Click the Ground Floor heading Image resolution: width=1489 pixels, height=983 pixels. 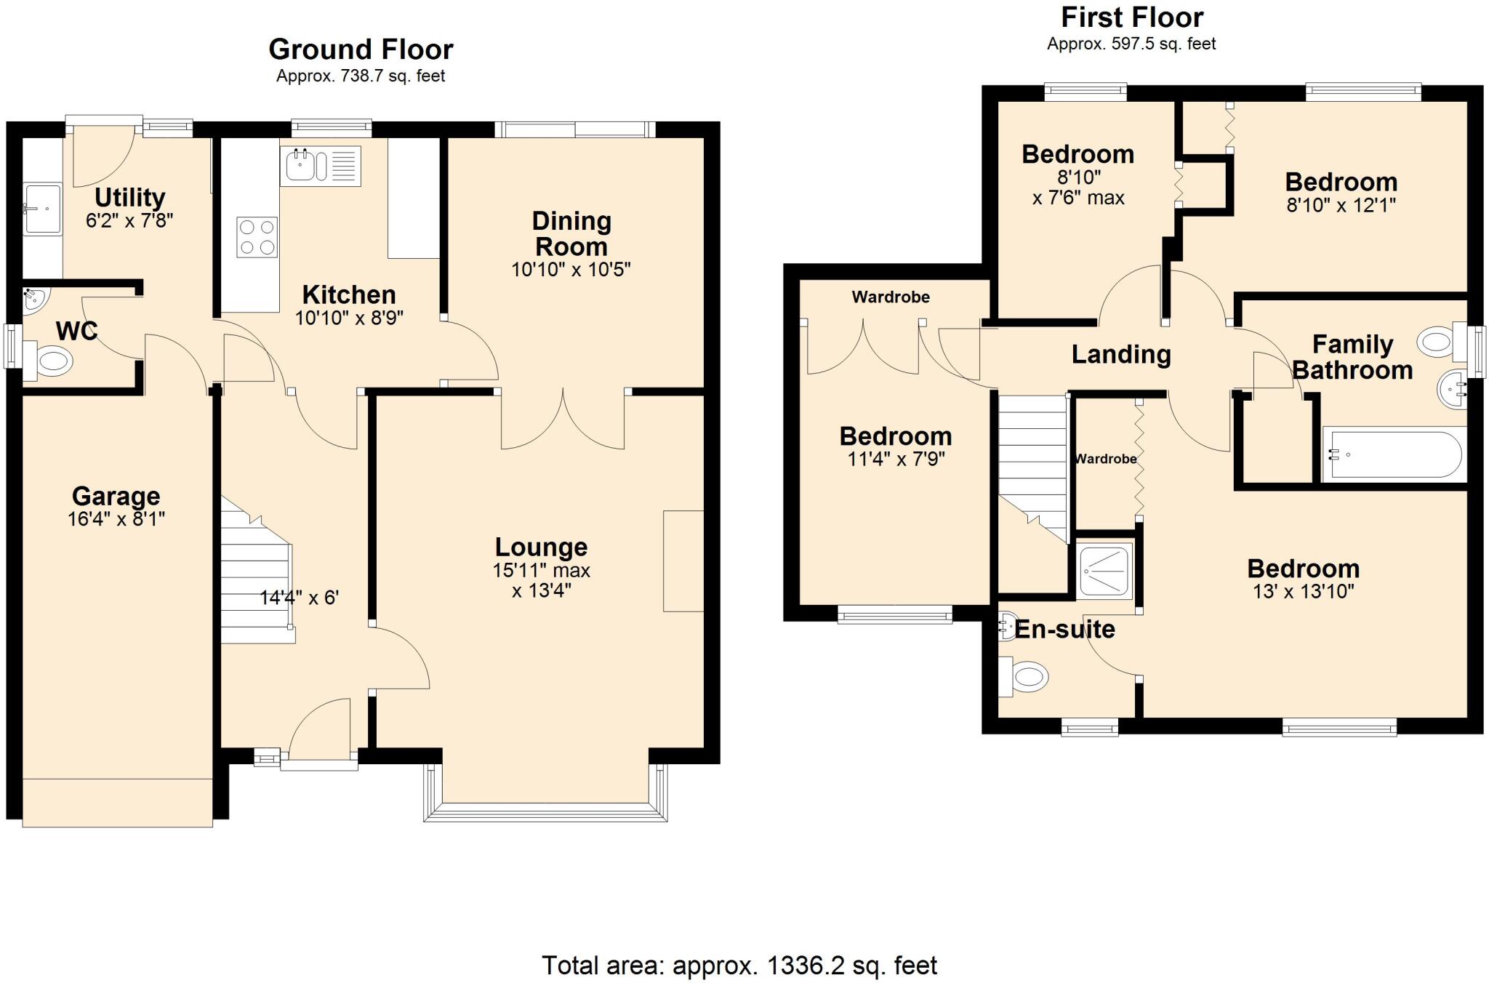(361, 49)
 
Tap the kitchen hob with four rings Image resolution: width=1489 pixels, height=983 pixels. (257, 237)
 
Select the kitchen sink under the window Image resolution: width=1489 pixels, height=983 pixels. (300, 166)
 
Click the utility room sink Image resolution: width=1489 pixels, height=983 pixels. (43, 209)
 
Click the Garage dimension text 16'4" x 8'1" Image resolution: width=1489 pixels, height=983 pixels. (116, 519)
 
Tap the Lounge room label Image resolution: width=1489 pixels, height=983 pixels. (541, 547)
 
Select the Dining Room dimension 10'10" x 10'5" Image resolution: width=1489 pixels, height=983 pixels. (571, 270)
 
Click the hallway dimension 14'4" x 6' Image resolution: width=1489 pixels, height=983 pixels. (300, 598)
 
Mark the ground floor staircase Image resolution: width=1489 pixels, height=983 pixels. (256, 582)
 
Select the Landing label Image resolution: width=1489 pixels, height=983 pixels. (1121, 355)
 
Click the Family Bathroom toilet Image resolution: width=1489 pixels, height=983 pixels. (1436, 341)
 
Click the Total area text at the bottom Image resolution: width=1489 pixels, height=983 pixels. (739, 966)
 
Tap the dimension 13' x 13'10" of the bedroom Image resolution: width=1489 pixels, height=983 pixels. (1303, 592)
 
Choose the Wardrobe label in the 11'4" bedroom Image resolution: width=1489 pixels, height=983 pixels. (891, 297)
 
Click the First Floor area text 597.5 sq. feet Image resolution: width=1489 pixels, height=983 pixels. (1131, 44)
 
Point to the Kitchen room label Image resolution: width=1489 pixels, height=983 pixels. (349, 294)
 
